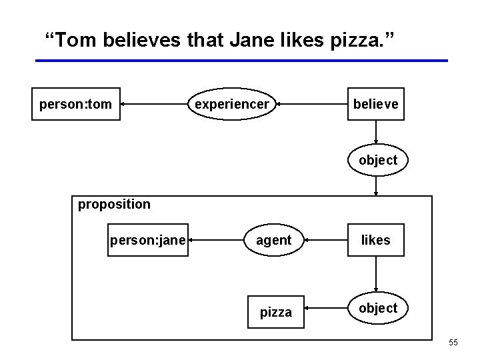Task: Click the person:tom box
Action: [x=76, y=104]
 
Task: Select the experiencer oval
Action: [x=231, y=104]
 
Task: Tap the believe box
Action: [x=375, y=104]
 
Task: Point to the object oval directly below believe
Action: [x=377, y=160]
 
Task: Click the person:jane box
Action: [x=147, y=240]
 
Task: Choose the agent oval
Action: [x=273, y=240]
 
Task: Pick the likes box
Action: [x=375, y=240]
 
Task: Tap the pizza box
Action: [x=275, y=312]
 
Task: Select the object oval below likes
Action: [x=377, y=308]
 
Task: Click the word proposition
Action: [x=114, y=204]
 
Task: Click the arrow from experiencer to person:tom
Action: [x=154, y=104]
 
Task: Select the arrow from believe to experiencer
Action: [x=311, y=104]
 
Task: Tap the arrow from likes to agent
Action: [x=323, y=240]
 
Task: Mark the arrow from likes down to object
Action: [x=376, y=274]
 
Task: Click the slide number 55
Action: [x=453, y=343]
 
